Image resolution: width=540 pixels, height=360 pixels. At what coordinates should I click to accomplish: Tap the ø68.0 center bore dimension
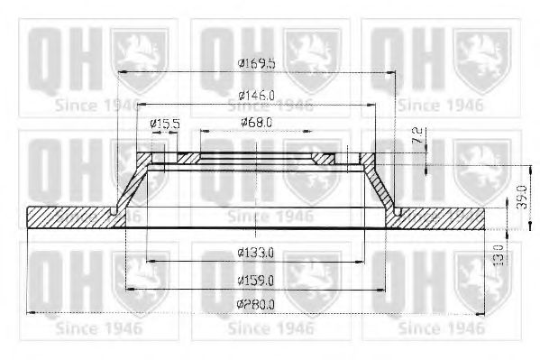[257, 122]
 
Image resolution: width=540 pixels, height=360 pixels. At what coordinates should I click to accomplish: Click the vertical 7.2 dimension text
[416, 138]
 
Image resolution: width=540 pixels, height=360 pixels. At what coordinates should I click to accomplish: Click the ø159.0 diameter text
[256, 279]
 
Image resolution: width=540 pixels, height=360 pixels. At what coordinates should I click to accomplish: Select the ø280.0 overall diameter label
[256, 304]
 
